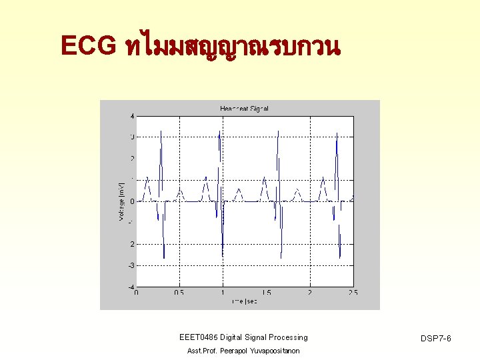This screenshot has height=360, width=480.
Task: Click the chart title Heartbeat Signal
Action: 244,109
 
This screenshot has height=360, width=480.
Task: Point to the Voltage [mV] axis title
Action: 121,201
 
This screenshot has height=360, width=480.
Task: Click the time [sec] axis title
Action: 244,301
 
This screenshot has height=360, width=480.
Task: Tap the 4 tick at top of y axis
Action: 132,116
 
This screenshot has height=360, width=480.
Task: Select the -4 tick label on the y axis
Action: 131,287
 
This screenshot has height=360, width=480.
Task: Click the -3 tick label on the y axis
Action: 131,265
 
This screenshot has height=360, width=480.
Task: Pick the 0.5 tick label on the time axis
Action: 179,293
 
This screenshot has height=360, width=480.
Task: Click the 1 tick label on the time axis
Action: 223,293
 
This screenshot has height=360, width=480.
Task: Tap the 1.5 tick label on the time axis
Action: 266,293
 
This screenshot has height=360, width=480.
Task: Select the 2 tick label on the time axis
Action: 309,293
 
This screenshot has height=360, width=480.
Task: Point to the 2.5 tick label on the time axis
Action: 352,293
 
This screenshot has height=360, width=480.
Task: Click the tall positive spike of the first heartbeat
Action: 161,132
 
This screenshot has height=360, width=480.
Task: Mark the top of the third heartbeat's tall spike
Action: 279,127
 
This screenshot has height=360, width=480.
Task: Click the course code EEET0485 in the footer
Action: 198,338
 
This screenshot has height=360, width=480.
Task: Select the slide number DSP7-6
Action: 437,339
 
